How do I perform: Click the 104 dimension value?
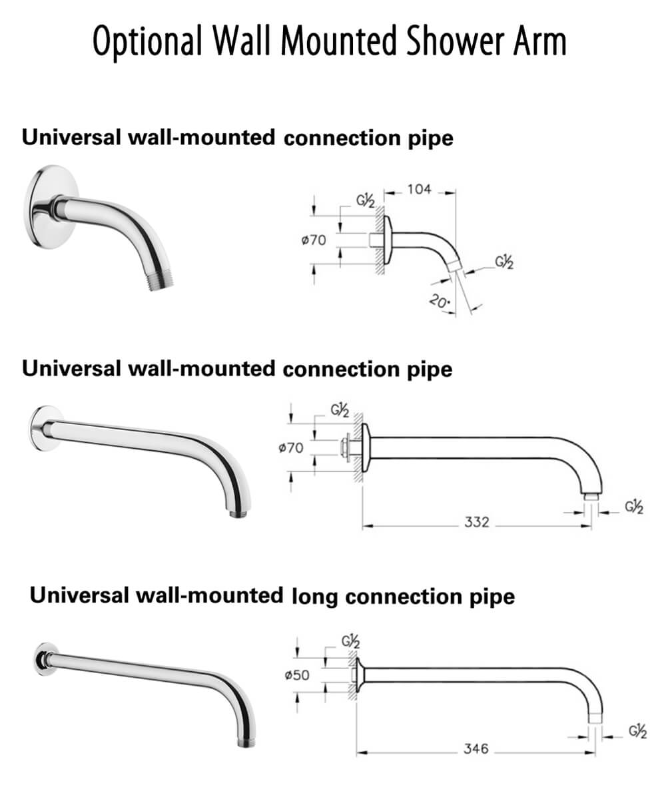point(419,190)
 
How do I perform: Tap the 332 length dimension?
point(476,523)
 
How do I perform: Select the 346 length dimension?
point(476,749)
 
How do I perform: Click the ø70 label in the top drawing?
point(314,240)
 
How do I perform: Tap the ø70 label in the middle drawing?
point(290,448)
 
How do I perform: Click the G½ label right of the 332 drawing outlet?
point(634,507)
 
